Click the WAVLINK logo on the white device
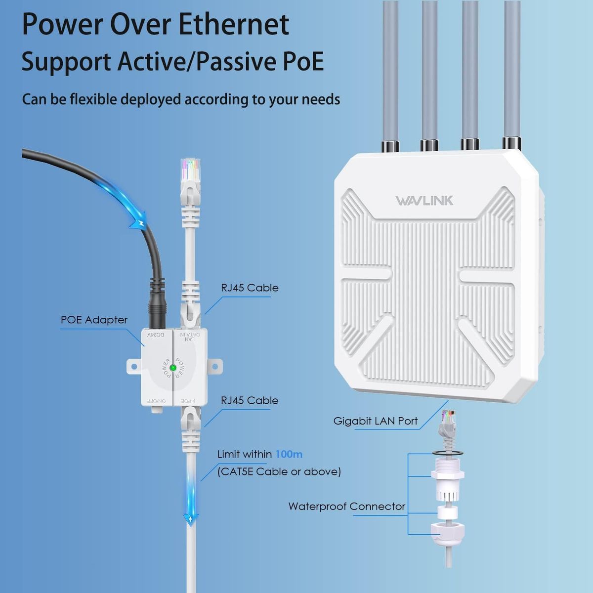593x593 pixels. (424, 201)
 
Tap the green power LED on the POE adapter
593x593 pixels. (173, 368)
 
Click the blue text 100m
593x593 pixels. (289, 454)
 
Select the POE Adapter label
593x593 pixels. (94, 320)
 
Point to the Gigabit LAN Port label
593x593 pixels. (375, 421)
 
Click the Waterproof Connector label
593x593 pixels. (346, 507)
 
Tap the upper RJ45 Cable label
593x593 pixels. (250, 288)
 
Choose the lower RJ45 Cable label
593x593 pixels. (250, 400)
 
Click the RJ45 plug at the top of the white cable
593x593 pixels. (191, 173)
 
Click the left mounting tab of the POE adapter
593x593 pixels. (132, 366)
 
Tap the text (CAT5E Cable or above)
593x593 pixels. (279, 471)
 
